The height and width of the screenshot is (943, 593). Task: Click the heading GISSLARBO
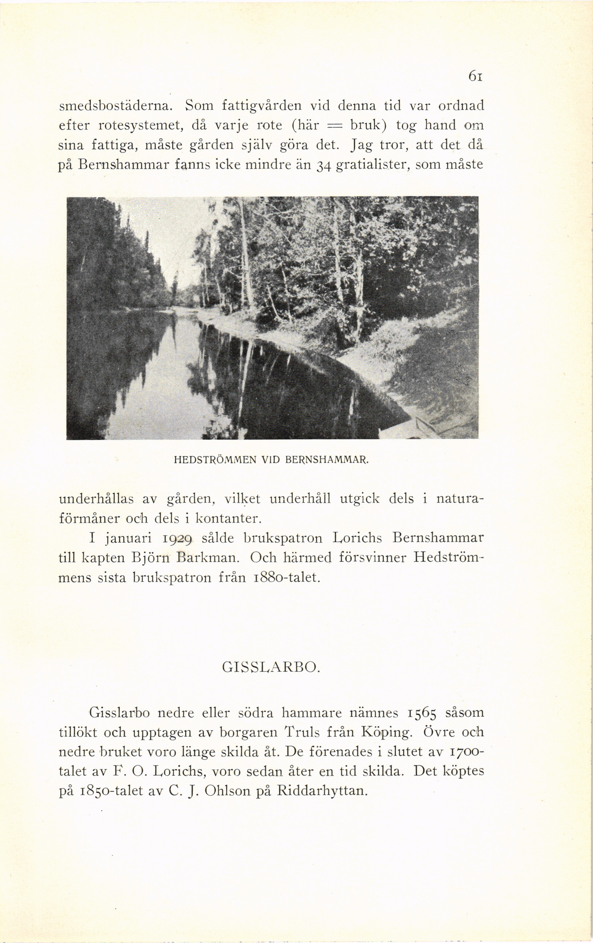(x=270, y=667)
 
